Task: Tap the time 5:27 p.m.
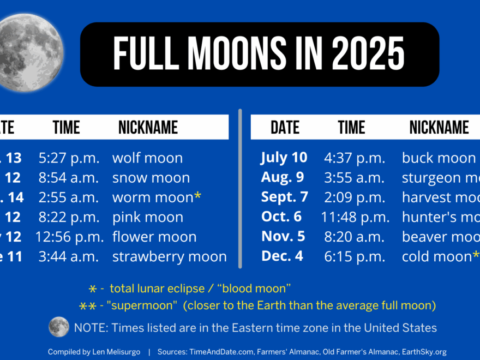(69, 158)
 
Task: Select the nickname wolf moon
(147, 158)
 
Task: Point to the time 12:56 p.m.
(69, 237)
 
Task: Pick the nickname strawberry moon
(169, 256)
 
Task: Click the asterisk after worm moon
(197, 196)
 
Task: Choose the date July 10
(284, 158)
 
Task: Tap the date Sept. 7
(284, 197)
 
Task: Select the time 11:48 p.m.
(355, 217)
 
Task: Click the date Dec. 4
(282, 256)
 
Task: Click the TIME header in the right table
(351, 128)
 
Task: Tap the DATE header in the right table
(285, 128)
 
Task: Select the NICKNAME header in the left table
(148, 128)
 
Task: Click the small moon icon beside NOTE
(59, 327)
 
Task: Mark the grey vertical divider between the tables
(239, 188)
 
